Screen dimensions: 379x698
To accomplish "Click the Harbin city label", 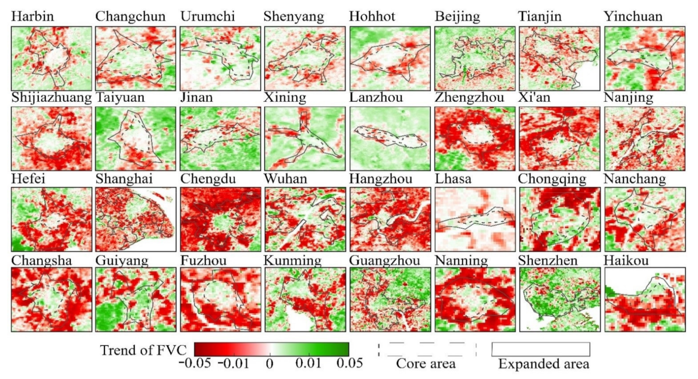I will point(32,16).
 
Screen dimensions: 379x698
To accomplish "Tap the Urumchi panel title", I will point(208,16).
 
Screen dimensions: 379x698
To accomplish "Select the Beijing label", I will point(457,17).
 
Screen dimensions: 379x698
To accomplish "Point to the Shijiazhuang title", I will point(52,97).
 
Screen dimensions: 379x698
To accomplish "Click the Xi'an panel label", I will point(534,97).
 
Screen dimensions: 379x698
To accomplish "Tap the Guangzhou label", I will point(384,261).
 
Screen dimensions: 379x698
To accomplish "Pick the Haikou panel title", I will point(626,261).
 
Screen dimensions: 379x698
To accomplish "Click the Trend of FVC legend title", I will point(143,350).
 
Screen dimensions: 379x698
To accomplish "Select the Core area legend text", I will point(426,364).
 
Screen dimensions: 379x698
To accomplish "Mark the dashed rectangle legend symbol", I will point(427,349).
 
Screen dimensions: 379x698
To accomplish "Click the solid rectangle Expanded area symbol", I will point(541,349).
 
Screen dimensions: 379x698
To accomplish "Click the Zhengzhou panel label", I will point(469,97).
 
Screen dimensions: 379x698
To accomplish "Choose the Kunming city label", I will point(293,261).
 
